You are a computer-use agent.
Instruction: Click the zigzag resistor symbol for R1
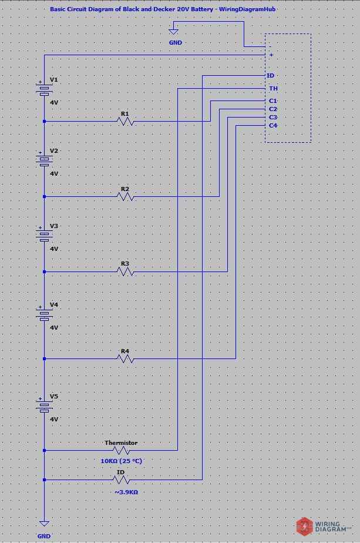point(125,122)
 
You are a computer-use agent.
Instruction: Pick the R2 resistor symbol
point(125,197)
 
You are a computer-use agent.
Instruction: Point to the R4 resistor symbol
point(125,358)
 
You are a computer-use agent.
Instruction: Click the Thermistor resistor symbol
point(121,451)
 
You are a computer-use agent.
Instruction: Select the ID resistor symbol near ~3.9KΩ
point(121,480)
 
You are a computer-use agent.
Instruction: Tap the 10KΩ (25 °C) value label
point(121,461)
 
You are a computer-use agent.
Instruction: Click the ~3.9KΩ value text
point(126,491)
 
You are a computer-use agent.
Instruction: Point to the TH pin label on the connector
point(273,88)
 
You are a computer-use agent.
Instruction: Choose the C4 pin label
point(273,126)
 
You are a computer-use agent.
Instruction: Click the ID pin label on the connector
point(270,76)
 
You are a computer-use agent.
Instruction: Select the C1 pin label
point(273,101)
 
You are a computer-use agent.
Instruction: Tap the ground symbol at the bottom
point(44,524)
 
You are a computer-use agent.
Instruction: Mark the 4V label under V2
point(54,174)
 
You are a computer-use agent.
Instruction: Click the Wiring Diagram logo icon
point(304,525)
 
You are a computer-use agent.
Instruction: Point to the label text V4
point(54,305)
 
